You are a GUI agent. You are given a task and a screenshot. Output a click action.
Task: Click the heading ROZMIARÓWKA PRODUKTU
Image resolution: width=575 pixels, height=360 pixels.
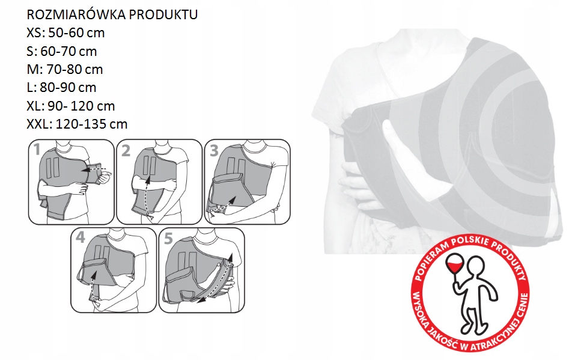tap(112, 14)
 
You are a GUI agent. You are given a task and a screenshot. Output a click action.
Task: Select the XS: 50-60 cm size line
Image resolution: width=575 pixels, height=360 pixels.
tap(65, 32)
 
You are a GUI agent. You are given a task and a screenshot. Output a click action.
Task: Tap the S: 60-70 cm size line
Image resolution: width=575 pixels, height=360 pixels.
tap(62, 51)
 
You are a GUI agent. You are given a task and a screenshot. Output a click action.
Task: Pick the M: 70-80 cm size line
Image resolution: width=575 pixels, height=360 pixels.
tap(64, 69)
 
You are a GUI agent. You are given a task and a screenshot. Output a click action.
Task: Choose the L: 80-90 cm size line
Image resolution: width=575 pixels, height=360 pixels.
tap(61, 87)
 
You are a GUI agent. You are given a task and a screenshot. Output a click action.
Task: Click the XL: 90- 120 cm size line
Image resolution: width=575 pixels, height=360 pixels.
tap(71, 106)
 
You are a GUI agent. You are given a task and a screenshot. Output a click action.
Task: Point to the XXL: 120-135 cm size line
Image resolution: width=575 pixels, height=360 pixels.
tap(77, 124)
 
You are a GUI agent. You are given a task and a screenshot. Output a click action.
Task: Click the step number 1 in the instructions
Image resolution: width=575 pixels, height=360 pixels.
tap(37, 150)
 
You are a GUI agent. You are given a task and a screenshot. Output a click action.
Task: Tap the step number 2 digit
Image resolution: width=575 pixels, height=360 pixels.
tap(126, 150)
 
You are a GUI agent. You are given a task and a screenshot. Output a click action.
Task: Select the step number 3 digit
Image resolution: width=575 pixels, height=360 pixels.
tap(214, 150)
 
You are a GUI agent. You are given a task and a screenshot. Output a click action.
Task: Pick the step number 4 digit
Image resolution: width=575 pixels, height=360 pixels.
tap(81, 237)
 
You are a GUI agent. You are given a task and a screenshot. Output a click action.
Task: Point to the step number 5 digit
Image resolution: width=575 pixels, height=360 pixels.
tap(168, 239)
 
